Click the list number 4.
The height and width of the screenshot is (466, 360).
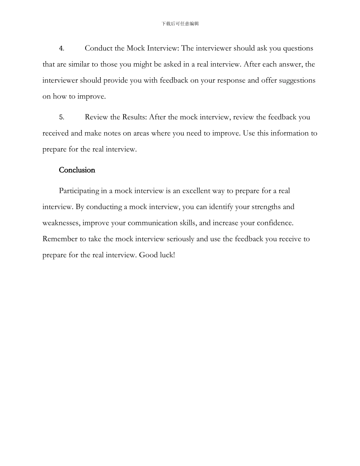(61, 48)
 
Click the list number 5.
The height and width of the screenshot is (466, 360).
(61, 117)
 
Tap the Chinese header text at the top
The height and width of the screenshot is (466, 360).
(180, 23)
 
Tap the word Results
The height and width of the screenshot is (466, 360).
(135, 117)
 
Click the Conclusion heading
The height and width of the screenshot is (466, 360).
(77, 170)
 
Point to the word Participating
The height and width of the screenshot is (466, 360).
(79, 191)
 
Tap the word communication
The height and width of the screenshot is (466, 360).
(153, 223)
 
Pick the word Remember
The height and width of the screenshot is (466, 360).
(60, 239)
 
